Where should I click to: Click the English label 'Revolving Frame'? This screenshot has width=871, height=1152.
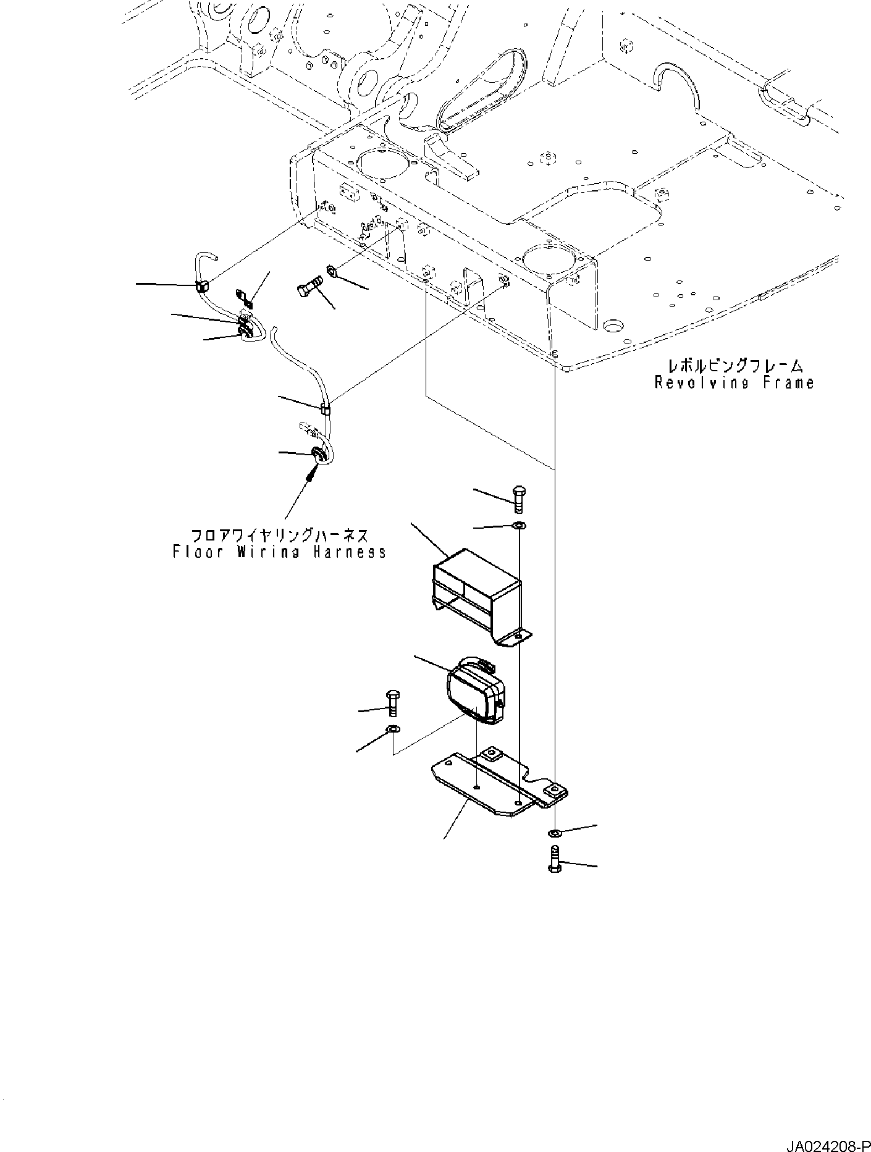734,383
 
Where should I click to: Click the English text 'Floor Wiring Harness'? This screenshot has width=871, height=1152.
280,552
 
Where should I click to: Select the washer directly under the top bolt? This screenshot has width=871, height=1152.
518,526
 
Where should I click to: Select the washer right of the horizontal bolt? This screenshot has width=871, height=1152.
331,271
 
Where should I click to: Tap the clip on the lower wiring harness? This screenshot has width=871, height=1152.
325,408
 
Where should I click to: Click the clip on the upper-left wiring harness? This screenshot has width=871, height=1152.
201,285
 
